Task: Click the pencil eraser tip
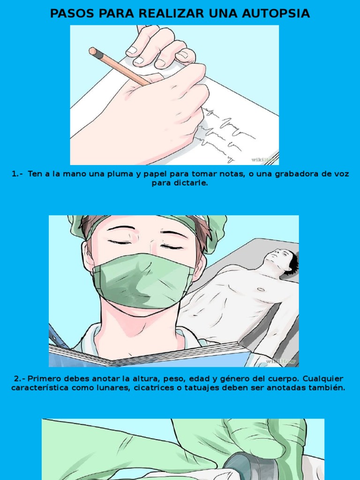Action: pyautogui.click(x=93, y=51)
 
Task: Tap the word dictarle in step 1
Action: pyautogui.click(x=191, y=183)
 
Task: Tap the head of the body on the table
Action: pyautogui.click(x=282, y=259)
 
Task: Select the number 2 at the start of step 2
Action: pyautogui.click(x=16, y=378)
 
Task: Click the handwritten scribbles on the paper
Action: pyautogui.click(x=225, y=131)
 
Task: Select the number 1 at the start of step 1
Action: pyautogui.click(x=14, y=174)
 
